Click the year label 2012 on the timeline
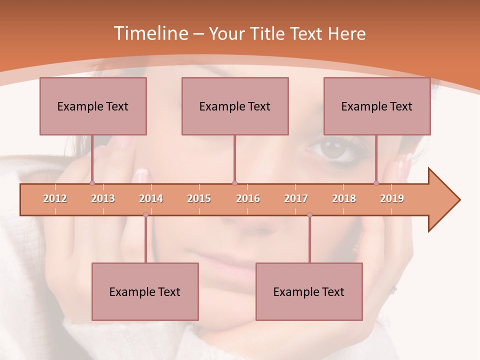pyautogui.click(x=55, y=198)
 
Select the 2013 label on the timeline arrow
pyautogui.click(x=103, y=198)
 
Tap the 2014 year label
pyautogui.click(x=151, y=198)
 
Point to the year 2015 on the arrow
pyautogui.click(x=199, y=198)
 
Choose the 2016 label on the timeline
pyautogui.click(x=248, y=198)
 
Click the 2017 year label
pyautogui.click(x=296, y=198)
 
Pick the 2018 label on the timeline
pyautogui.click(x=344, y=198)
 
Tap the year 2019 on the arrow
pyautogui.click(x=392, y=198)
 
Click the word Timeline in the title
pyautogui.click(x=149, y=33)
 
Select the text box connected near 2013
pyautogui.click(x=93, y=106)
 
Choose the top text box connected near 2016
pyautogui.click(x=235, y=106)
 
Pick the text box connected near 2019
pyautogui.click(x=377, y=106)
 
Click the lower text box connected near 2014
pyautogui.click(x=145, y=291)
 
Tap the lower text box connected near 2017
pyautogui.click(x=309, y=291)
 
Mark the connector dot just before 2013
pyautogui.click(x=92, y=183)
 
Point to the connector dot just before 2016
pyautogui.click(x=234, y=183)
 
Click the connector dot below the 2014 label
pyautogui.click(x=145, y=215)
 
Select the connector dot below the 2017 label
pyautogui.click(x=309, y=215)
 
